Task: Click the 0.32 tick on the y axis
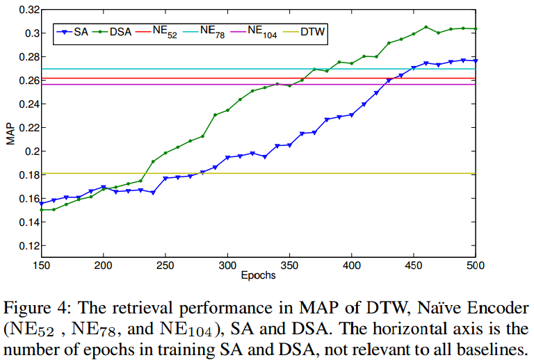click(x=26, y=10)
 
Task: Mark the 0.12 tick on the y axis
click(x=26, y=245)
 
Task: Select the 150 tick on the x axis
click(x=41, y=265)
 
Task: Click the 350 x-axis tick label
click(x=289, y=265)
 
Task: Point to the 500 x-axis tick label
click(x=475, y=265)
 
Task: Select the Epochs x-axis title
click(x=259, y=275)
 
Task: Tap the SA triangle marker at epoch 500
click(x=476, y=61)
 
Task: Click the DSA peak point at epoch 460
click(x=426, y=27)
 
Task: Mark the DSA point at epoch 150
click(x=41, y=209)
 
